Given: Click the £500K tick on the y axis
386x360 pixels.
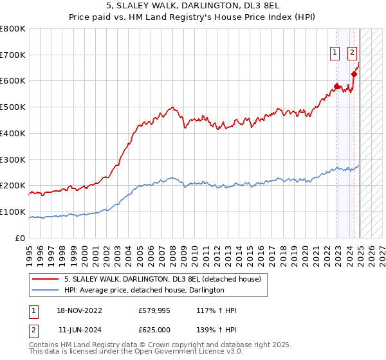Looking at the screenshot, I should [x=13, y=107].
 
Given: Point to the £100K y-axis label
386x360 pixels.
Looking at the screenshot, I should [x=13, y=212].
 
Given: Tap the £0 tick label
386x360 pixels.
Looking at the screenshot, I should [x=21, y=238].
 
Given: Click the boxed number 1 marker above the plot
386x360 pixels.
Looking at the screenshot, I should [x=336, y=53].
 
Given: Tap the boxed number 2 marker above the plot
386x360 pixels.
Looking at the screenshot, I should [x=353, y=53].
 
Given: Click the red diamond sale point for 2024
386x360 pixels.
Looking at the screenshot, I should [x=354, y=74].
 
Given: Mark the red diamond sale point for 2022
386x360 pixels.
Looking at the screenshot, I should [x=336, y=85].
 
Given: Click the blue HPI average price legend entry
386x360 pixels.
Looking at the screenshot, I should [x=143, y=291].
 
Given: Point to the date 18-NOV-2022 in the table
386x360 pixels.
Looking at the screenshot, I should [x=80, y=310].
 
